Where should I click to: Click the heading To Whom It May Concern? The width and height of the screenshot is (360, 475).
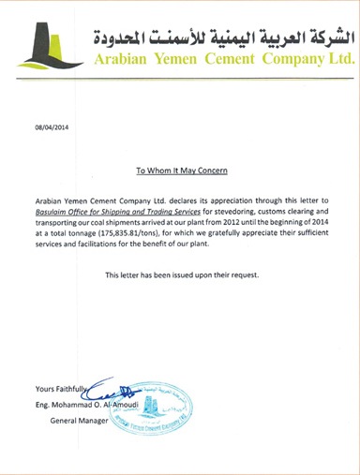click(181, 172)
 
